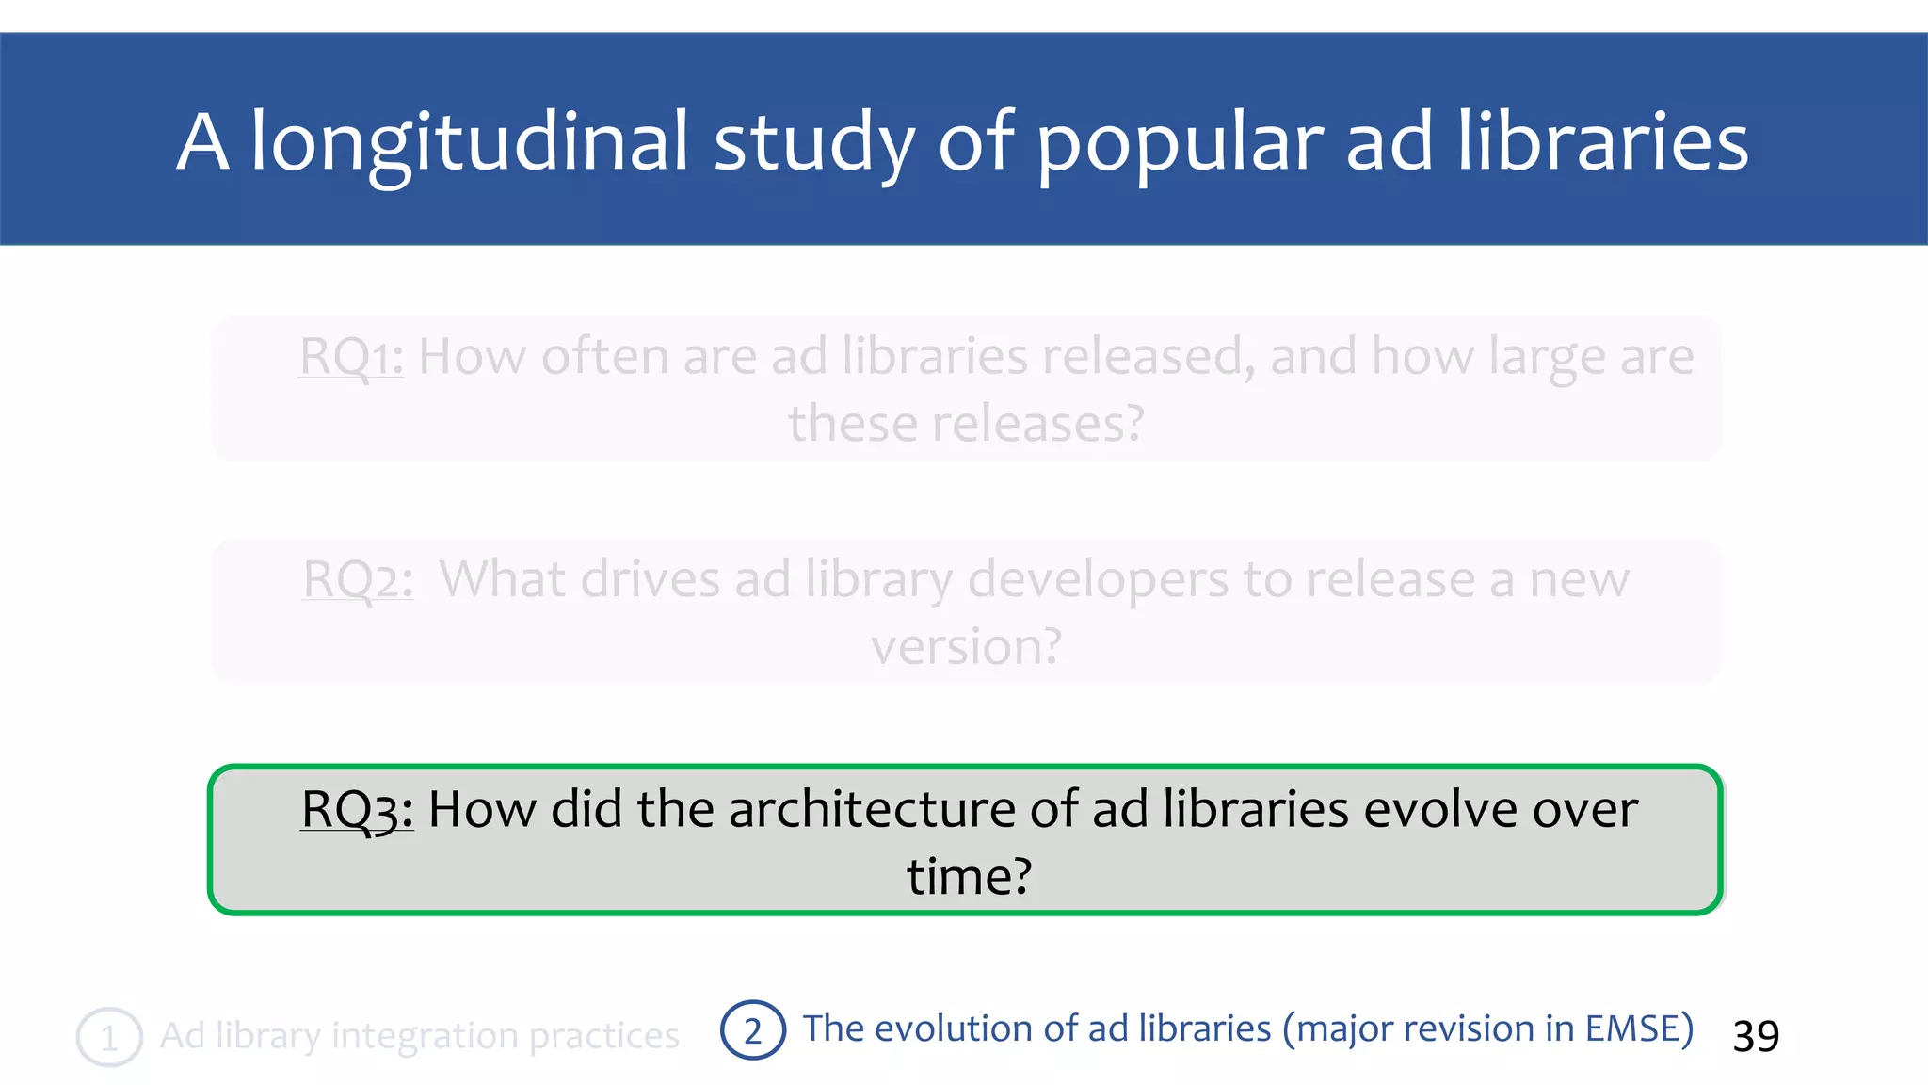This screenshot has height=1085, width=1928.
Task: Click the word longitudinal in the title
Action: point(469,141)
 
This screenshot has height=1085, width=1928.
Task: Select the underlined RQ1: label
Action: point(351,357)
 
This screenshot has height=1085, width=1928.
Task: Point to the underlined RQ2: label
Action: point(358,579)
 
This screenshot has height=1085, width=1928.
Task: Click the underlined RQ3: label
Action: point(357,809)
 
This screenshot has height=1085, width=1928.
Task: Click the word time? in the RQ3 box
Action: point(969,877)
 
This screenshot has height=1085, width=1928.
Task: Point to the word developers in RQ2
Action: point(1098,579)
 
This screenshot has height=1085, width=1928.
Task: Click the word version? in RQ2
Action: point(966,647)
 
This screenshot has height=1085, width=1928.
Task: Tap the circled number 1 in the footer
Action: point(109,1037)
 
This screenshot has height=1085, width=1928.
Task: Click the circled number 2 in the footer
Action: point(752,1030)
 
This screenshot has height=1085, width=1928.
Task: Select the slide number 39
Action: point(1756,1036)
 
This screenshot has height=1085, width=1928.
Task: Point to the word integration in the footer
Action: point(423,1036)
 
